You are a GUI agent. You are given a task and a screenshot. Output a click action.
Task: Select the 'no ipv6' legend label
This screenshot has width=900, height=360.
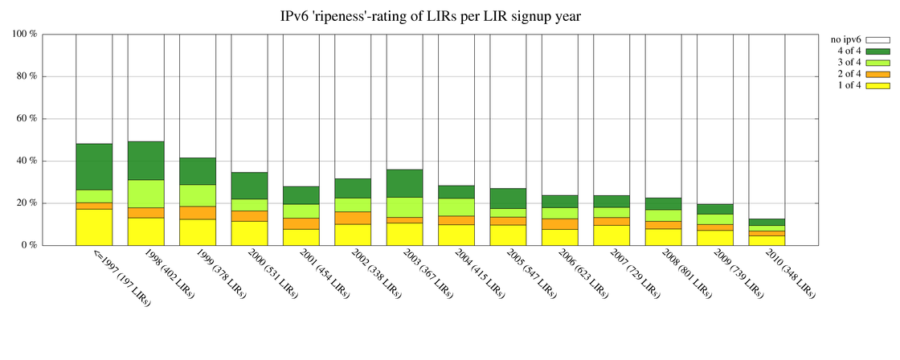coord(845,39)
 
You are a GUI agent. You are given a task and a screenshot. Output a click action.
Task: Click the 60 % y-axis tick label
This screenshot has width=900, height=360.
coord(27,119)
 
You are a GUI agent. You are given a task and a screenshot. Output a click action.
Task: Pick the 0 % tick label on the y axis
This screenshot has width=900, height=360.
coord(30,245)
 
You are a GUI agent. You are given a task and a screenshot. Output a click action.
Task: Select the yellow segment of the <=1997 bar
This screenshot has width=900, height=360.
coord(94,227)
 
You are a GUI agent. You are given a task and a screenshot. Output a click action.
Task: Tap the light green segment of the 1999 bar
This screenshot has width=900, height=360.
coord(198,195)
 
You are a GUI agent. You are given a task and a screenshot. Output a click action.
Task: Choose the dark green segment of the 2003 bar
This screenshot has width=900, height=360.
coord(404,183)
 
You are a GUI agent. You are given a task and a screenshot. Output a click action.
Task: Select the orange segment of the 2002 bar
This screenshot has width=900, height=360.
coord(353,218)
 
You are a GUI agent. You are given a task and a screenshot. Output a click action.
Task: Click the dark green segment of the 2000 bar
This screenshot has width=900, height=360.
coord(249,186)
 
